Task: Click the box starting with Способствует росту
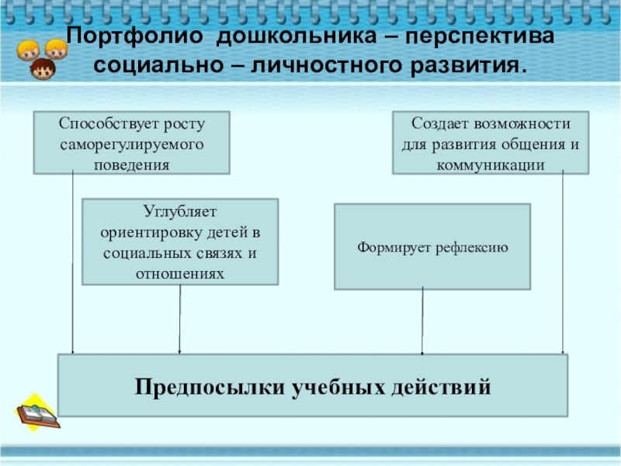coord(131,142)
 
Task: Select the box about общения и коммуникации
coord(491,142)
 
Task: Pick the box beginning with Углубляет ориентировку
coord(180,242)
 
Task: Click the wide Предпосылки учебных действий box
coord(313,385)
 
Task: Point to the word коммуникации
coord(491,164)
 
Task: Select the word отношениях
coord(180,274)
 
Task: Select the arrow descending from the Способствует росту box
coord(73,264)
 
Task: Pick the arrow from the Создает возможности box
coord(563,264)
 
